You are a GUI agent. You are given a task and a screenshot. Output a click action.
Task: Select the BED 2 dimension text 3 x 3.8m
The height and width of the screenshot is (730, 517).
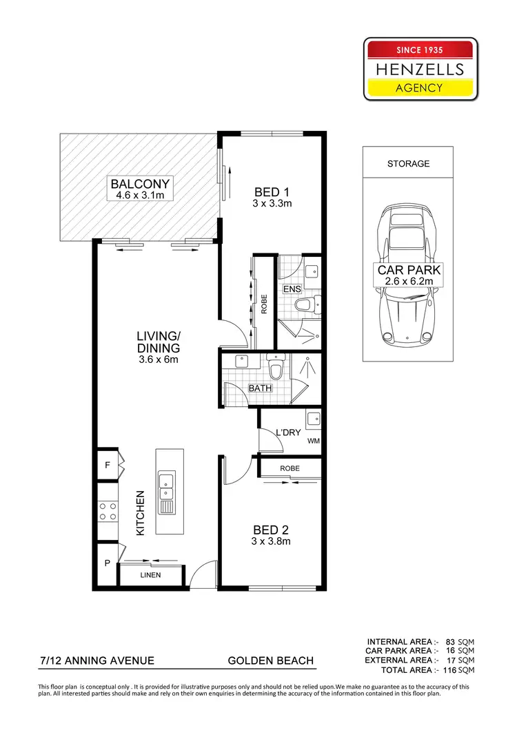(271, 541)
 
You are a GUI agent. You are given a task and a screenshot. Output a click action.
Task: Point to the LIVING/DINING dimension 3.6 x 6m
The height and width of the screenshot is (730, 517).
(158, 359)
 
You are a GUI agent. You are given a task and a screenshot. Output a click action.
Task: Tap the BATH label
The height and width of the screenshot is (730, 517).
(260, 388)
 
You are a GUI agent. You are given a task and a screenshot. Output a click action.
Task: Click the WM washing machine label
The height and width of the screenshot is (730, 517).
(314, 441)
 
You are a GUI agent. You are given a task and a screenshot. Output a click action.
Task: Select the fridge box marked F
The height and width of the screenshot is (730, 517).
(107, 465)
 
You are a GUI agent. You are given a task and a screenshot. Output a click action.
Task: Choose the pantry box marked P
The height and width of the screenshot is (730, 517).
(107, 563)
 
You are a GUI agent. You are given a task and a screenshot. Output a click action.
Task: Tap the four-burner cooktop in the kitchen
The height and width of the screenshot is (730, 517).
(108, 511)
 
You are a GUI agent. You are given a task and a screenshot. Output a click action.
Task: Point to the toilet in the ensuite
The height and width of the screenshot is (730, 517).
(304, 303)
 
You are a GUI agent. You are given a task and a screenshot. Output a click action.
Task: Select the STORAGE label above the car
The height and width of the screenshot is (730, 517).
(408, 164)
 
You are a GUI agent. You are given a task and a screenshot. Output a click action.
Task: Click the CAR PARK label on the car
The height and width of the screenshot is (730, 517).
(408, 270)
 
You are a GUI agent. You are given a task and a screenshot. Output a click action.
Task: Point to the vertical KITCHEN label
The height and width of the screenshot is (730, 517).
(140, 513)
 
